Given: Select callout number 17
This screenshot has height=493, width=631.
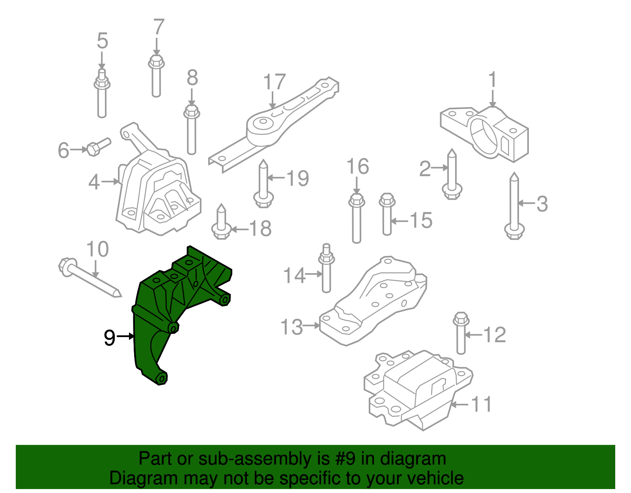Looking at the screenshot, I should [274, 82].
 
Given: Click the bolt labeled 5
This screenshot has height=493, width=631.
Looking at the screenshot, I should [102, 95].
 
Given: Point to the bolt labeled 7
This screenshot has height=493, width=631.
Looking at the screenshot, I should [156, 77].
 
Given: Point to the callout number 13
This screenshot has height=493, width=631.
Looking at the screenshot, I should [291, 327].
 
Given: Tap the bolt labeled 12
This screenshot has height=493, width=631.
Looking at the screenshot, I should [461, 334].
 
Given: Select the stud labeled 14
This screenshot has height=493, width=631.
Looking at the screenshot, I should [326, 270].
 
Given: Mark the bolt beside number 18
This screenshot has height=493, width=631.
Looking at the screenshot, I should [221, 223].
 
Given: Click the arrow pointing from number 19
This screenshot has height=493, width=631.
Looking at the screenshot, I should [276, 178].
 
